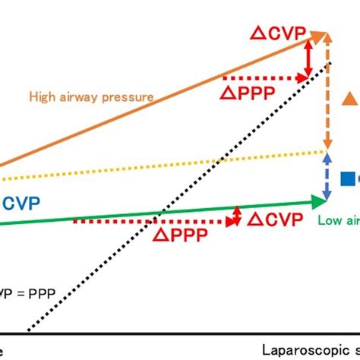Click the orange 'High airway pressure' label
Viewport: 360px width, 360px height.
coord(92,96)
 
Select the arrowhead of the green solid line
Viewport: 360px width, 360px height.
coord(321,201)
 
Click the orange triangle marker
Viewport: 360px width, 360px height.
coord(349,97)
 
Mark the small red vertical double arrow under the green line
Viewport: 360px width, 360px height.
coord(238,215)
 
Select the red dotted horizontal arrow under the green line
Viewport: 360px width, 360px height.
coord(152,222)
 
